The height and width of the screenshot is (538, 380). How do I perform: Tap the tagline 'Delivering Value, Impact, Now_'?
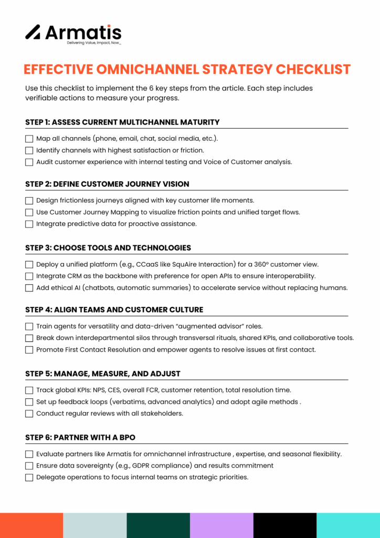pyautogui.click(x=94, y=43)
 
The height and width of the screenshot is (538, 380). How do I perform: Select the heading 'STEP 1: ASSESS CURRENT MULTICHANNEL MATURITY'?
pyautogui.click(x=122, y=122)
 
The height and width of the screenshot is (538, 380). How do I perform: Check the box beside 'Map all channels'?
pyautogui.click(x=29, y=139)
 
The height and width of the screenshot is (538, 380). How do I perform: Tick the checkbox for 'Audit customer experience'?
pyautogui.click(x=29, y=162)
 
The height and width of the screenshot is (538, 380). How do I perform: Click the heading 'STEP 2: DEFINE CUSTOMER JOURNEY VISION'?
pyautogui.click(x=107, y=184)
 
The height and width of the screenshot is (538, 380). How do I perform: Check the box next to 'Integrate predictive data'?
pyautogui.click(x=29, y=224)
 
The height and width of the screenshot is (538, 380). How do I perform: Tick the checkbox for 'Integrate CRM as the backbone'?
pyautogui.click(x=29, y=276)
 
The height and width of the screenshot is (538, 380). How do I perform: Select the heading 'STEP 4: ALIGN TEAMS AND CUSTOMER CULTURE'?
pyautogui.click(x=114, y=309)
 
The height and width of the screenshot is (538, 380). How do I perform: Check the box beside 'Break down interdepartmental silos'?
pyautogui.click(x=29, y=338)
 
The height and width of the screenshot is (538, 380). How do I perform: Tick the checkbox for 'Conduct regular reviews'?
pyautogui.click(x=29, y=413)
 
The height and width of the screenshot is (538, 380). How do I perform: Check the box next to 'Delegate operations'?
pyautogui.click(x=29, y=477)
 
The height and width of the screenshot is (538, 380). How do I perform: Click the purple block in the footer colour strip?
pyautogui.click(x=221, y=525)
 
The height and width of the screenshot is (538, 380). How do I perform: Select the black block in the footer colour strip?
pyautogui.click(x=285, y=525)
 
